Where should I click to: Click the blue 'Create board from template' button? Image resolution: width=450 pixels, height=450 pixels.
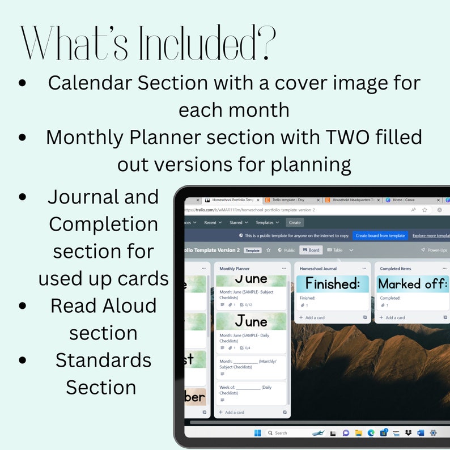[x=380, y=235]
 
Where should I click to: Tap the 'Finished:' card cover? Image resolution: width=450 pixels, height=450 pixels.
[x=333, y=283]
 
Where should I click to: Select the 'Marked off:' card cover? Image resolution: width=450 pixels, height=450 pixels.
[x=413, y=283]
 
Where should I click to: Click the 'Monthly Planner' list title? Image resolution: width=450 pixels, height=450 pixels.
[x=235, y=269]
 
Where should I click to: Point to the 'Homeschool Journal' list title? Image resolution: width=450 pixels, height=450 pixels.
[x=318, y=269]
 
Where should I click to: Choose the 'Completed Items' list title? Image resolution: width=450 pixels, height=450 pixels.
[x=396, y=269]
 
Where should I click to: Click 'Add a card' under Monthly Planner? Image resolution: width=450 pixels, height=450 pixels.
[x=234, y=412]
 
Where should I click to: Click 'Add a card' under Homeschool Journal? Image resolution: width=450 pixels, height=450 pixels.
[x=315, y=317]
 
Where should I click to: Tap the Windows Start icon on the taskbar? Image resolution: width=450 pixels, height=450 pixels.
[x=258, y=433]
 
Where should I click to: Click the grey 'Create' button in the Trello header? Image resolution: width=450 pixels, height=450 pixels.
[x=295, y=223]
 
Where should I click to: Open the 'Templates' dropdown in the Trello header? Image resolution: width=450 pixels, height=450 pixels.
[x=267, y=223]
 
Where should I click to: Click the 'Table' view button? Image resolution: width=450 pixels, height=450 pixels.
[x=335, y=250]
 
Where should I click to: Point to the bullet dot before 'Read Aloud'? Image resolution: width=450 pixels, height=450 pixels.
[x=23, y=307]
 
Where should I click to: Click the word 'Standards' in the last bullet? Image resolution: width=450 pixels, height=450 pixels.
[x=104, y=360]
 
